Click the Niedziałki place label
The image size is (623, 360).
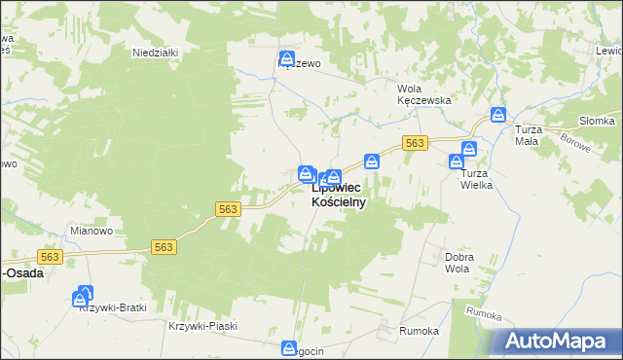click(155, 54)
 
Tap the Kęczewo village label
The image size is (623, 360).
click(300, 64)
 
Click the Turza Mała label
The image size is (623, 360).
click(527, 135)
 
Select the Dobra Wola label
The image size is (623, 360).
click(458, 263)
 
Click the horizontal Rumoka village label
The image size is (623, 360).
click(419, 331)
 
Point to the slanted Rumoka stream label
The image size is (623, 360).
click(483, 315)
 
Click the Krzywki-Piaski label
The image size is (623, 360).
click(202, 327)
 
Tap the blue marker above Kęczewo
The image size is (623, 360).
click(286, 58)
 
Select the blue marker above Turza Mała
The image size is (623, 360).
click(498, 114)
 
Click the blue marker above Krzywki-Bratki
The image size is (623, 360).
click(85, 293)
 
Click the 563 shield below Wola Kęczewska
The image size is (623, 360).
click(415, 143)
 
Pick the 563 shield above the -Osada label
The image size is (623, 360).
click(50, 257)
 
